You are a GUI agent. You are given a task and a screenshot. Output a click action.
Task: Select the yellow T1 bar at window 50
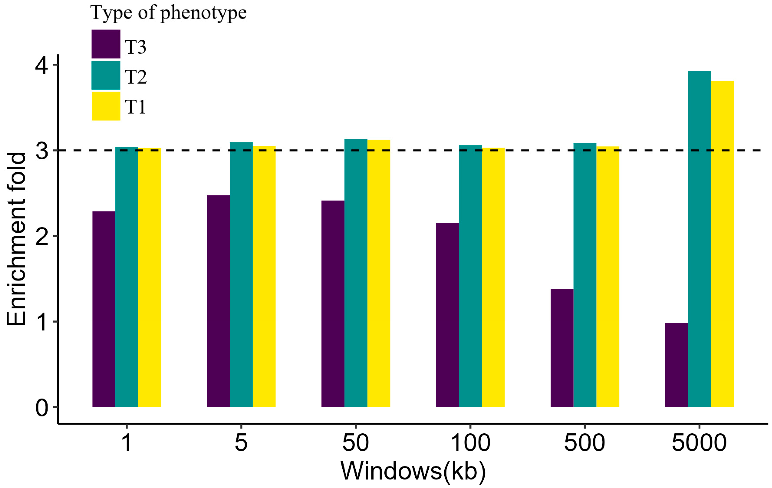(x=379, y=273)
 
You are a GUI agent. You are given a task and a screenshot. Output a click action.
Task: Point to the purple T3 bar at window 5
(x=218, y=301)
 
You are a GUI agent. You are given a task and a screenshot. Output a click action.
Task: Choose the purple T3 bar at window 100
(x=447, y=315)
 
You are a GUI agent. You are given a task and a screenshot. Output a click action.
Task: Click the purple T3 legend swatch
(x=106, y=44)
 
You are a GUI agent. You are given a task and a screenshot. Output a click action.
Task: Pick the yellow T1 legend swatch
(x=106, y=106)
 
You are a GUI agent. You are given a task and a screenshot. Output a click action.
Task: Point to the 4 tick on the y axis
(x=42, y=65)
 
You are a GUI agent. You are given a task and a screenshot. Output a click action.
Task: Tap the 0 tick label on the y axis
(x=42, y=408)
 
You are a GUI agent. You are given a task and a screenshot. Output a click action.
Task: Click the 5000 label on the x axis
(x=699, y=443)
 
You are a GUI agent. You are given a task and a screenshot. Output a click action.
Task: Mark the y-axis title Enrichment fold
(x=16, y=239)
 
